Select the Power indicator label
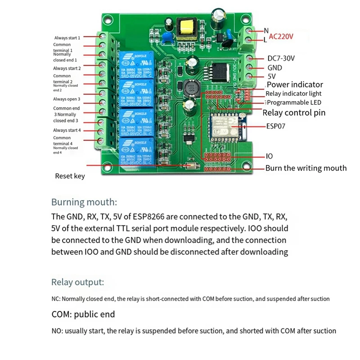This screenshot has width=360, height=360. [x=295, y=84]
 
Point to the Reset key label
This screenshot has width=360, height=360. [x=70, y=176]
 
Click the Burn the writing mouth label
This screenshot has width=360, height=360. [x=306, y=168]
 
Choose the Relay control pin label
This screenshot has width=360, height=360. [x=293, y=113]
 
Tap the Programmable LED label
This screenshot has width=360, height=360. [x=295, y=103]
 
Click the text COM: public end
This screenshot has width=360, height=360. [x=83, y=314]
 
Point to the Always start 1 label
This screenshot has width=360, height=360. [x=67, y=38]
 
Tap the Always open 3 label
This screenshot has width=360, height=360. [x=67, y=99]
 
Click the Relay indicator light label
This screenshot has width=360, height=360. [x=293, y=94]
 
